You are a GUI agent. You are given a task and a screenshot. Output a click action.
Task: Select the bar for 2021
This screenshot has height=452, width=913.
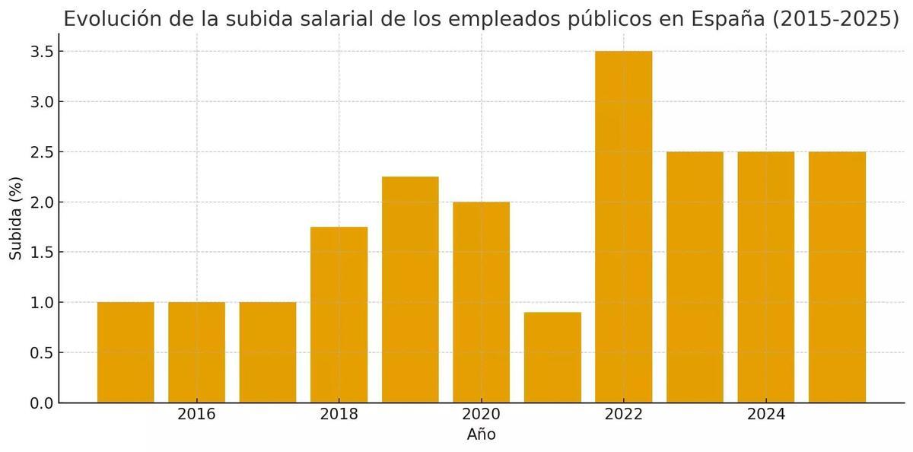[x=552, y=358]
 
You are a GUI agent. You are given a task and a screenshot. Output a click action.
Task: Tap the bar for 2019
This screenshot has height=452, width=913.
[x=410, y=290]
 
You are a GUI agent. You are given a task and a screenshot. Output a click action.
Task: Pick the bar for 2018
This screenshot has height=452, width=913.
[x=339, y=315]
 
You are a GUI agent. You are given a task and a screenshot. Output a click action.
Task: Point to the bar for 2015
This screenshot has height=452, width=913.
[x=126, y=352]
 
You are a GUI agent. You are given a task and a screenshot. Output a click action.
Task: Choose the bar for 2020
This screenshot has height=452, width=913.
[x=481, y=302]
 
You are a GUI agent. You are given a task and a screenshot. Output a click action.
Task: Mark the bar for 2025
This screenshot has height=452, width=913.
[x=837, y=277]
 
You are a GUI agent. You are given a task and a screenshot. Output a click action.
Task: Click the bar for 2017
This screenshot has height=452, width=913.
[x=268, y=352]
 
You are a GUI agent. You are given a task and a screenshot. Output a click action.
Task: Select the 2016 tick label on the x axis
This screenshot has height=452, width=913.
[x=196, y=415]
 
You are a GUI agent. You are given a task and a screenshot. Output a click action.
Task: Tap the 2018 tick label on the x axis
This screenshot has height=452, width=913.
[x=339, y=415]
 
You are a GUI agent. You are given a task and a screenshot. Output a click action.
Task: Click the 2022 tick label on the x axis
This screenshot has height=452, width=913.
[x=623, y=415]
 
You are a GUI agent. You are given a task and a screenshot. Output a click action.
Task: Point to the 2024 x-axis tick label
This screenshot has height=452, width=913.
[x=765, y=415]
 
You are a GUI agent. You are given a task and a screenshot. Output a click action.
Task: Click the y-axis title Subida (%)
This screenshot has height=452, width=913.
[x=15, y=218]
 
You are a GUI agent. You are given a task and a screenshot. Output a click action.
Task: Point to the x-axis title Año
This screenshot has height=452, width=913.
[x=481, y=435]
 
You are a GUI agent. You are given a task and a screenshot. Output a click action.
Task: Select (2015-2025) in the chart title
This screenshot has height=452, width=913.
[x=835, y=19]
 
